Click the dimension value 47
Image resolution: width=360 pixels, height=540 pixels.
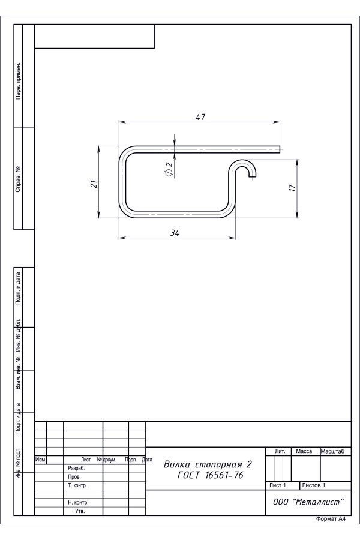[x=200, y=117]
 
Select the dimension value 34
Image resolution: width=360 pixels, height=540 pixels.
[x=175, y=233]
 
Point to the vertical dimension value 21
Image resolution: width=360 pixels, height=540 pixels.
[x=94, y=184]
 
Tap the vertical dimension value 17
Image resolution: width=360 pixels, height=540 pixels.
[x=292, y=188]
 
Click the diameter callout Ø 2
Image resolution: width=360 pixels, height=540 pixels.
[x=169, y=169]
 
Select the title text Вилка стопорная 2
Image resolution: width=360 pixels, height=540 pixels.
[x=208, y=464]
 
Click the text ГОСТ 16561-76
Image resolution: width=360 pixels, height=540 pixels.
[x=210, y=475]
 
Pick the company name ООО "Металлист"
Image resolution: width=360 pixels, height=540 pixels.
[x=308, y=502]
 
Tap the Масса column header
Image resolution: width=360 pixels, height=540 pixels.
[x=304, y=451]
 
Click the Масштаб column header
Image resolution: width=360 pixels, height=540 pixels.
[x=332, y=451]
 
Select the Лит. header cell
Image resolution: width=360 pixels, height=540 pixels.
[x=280, y=451]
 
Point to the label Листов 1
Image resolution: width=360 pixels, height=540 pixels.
[x=313, y=485]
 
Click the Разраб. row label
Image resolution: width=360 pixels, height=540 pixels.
[x=76, y=469]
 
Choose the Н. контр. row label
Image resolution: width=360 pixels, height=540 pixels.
[x=78, y=502]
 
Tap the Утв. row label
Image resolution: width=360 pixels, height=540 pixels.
[x=80, y=511]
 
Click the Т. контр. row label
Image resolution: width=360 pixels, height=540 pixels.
[x=77, y=485]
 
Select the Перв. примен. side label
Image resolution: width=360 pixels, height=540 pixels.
[x=18, y=81]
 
